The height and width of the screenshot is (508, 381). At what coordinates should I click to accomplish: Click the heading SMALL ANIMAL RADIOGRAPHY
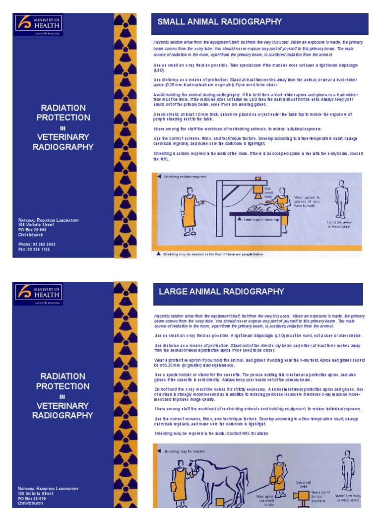tap(219, 22)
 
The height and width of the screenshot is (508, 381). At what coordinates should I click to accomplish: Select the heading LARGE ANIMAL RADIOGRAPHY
tap(221, 291)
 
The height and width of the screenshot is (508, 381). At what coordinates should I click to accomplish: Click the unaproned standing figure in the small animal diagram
tap(341, 198)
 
